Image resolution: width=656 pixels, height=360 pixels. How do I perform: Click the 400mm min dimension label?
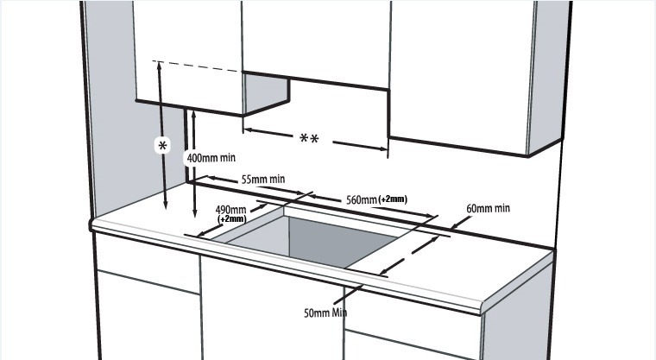pyautogui.click(x=211, y=158)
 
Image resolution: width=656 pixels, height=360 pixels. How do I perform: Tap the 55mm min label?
pyautogui.click(x=263, y=180)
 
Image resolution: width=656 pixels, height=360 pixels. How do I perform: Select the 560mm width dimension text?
pyautogui.click(x=362, y=200)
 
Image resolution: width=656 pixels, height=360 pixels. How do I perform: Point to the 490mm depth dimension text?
pyautogui.click(x=230, y=209)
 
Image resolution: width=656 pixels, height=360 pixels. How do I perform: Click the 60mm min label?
pyautogui.click(x=489, y=208)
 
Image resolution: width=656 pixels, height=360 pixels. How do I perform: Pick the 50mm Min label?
pyautogui.click(x=325, y=313)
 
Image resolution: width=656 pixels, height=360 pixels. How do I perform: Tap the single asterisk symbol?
pyautogui.click(x=162, y=146)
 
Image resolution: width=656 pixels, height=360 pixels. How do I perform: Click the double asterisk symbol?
pyautogui.click(x=310, y=138)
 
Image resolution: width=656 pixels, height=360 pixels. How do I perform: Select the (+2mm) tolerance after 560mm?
pyautogui.click(x=393, y=199)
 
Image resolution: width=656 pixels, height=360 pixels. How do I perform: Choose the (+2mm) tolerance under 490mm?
pyautogui.click(x=232, y=219)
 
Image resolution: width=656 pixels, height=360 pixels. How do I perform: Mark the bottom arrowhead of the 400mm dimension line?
pyautogui.click(x=195, y=213)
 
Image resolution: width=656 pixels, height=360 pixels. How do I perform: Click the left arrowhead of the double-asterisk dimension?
pyautogui.click(x=247, y=130)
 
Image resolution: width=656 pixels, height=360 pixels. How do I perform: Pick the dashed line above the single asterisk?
pyautogui.click(x=197, y=66)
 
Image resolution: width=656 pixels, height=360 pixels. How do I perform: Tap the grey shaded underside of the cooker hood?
pyautogui.click(x=266, y=95)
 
